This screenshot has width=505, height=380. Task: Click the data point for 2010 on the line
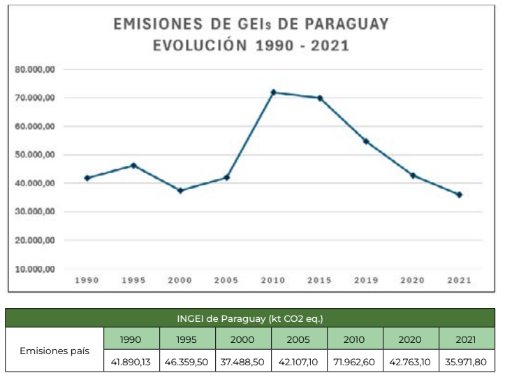tap(273, 92)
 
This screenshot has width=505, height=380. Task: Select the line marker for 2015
tap(320, 98)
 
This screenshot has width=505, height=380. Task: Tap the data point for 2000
tap(180, 190)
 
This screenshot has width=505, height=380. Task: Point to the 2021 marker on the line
tap(459, 195)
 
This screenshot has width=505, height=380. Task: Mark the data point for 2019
tap(366, 141)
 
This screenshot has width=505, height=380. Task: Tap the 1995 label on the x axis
tap(133, 280)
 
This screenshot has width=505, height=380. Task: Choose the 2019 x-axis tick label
tap(366, 280)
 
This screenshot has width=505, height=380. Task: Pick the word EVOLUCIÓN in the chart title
tap(198, 46)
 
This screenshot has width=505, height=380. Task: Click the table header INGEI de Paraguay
tap(251, 318)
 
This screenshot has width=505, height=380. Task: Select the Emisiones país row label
tap(54, 351)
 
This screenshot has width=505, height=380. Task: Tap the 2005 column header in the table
tap(298, 339)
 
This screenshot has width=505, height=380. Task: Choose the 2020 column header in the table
tap(410, 339)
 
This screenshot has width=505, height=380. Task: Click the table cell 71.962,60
tap(354, 362)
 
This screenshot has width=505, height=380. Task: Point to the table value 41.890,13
tap(131, 362)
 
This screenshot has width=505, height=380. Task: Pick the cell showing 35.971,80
tap(467, 362)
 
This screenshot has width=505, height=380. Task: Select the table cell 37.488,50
tap(242, 362)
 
